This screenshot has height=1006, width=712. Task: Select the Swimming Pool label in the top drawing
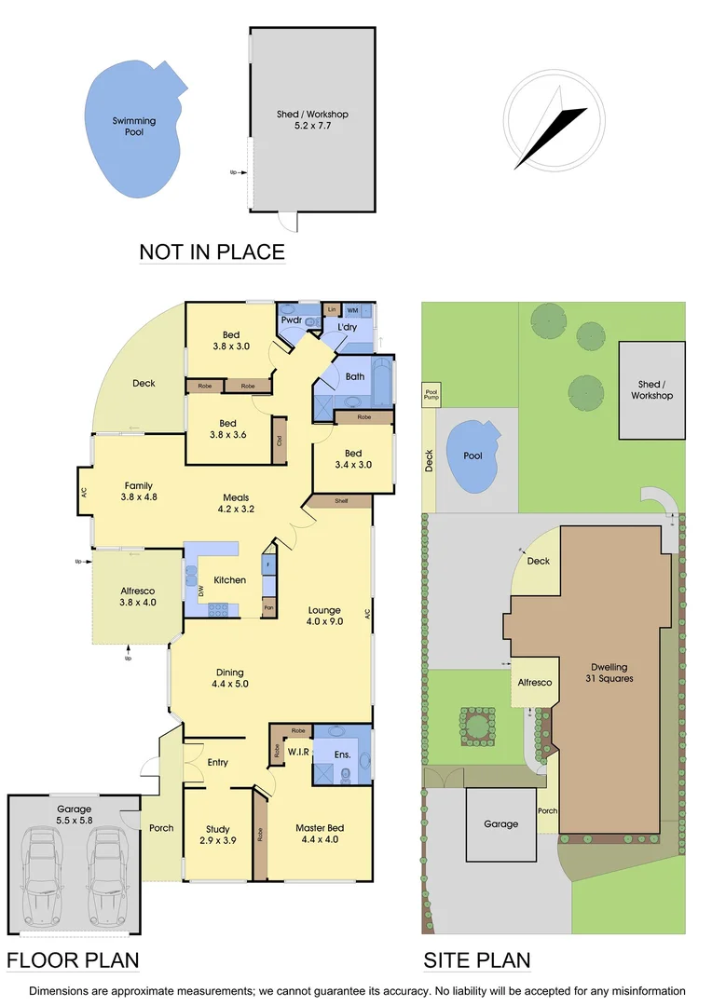[134, 127]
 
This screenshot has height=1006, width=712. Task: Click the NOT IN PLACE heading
[212, 251]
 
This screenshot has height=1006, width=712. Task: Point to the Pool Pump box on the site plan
[431, 395]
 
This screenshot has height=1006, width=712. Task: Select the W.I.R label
[298, 752]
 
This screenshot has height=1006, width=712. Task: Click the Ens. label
[342, 754]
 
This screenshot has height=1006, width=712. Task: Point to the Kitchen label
[230, 580]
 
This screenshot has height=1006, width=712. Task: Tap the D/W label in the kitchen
[200, 591]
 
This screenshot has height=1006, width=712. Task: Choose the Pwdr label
[291, 320]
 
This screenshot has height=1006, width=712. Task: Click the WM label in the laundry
[353, 309]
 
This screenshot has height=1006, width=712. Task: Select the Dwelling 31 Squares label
[609, 673]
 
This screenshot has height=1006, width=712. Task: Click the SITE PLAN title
[477, 960]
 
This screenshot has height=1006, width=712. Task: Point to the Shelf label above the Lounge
[340, 501]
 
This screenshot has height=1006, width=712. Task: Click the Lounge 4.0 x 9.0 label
[325, 616]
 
